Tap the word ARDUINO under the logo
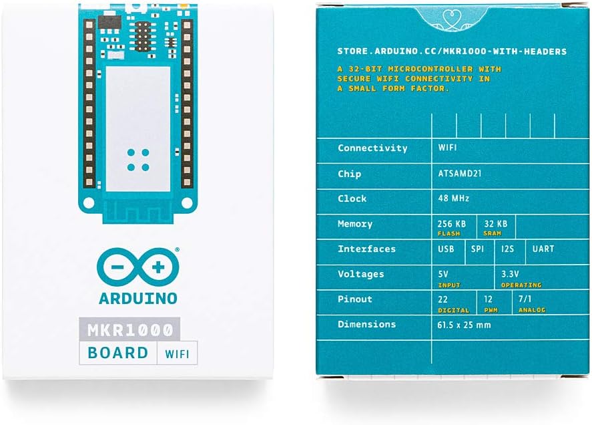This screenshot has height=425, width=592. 138,298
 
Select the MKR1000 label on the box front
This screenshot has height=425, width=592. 129,329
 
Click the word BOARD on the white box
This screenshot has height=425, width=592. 117,353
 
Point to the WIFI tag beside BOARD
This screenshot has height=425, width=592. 177,354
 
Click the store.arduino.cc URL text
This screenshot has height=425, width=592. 452,51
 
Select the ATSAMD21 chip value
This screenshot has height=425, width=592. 459,174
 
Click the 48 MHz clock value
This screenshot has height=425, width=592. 453,198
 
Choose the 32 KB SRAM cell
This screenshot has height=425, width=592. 496,227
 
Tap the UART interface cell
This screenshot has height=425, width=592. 543,249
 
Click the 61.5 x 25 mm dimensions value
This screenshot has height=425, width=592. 464,325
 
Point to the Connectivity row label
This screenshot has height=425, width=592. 372,148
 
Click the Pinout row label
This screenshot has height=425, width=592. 355,299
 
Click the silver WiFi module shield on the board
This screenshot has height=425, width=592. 137,129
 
